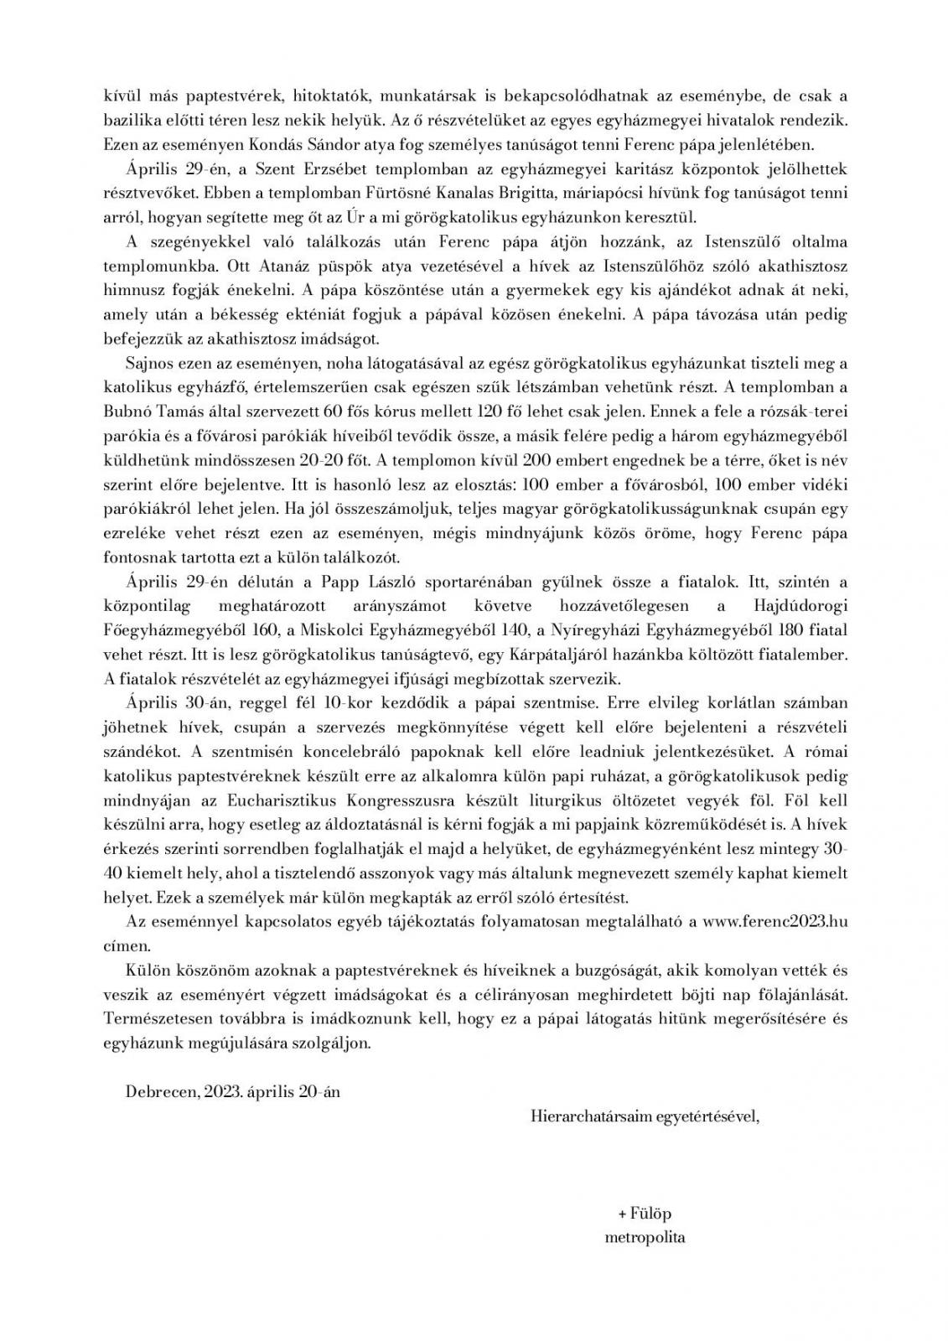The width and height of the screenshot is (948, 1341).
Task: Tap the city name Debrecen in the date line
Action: pos(159,1092)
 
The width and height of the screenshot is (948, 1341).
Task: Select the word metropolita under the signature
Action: pos(645,1236)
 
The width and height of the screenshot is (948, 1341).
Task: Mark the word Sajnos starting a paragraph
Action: pos(148,363)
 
